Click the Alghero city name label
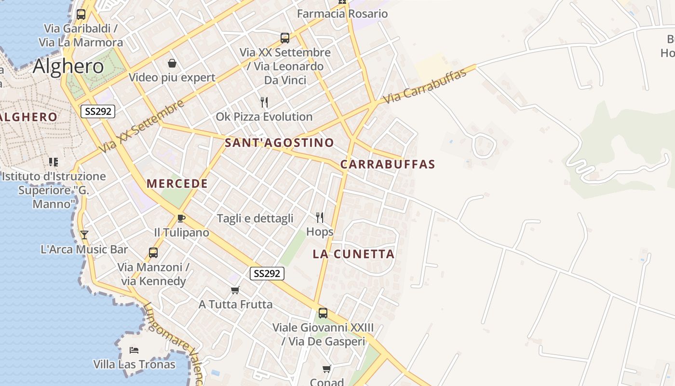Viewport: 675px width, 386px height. pos(68,66)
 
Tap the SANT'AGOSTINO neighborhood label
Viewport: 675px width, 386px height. pos(279,143)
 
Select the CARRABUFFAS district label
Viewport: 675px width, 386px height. pos(388,164)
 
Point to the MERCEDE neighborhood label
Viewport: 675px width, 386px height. pos(177,184)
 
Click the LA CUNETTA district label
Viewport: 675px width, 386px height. pos(353,254)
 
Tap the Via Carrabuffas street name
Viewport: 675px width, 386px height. pos(425,87)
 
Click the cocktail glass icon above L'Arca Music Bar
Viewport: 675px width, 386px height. pos(84,235)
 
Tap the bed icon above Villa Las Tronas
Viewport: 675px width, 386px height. pos(134,350)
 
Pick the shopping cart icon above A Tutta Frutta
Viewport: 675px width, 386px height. pos(235,290)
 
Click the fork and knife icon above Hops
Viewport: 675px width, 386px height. pos(319,218)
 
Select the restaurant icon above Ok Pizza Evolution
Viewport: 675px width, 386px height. pos(264,102)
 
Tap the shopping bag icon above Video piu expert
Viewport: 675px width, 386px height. pos(172,63)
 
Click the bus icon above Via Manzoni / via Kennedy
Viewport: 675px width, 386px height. pos(153,252)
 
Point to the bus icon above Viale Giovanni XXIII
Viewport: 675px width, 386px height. pos(323,313)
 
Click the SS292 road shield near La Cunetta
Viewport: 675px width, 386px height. pos(267,274)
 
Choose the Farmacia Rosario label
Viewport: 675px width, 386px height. pos(342,14)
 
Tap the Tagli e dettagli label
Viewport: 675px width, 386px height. pos(255,219)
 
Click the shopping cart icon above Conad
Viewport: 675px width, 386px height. pos(327,369)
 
